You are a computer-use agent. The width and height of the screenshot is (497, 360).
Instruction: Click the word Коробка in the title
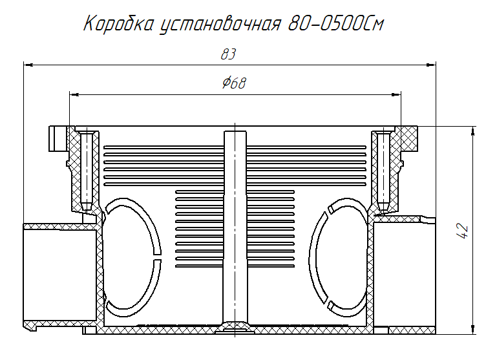pyautogui.click(x=119, y=24)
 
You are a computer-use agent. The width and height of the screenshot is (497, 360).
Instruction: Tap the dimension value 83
pyautogui.click(x=227, y=55)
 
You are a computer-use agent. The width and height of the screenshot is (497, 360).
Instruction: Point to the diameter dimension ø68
pyautogui.click(x=233, y=83)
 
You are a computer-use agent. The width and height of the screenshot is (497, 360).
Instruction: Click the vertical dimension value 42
pyautogui.click(x=462, y=231)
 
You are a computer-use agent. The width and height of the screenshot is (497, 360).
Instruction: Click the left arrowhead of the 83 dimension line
pyautogui.click(x=28, y=64)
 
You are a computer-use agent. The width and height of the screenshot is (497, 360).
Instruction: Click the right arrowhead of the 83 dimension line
pyautogui.click(x=431, y=64)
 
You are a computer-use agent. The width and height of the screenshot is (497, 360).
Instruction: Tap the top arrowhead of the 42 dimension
pyautogui.click(x=475, y=131)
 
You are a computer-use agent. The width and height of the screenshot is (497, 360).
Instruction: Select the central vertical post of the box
pyautogui.click(x=235, y=226)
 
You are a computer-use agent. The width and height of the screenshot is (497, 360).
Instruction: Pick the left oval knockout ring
pyautogui.click(x=132, y=255)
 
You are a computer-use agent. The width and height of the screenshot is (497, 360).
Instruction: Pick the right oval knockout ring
pyautogui.click(x=336, y=255)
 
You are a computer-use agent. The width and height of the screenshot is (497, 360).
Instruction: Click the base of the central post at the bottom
pyautogui.click(x=235, y=326)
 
